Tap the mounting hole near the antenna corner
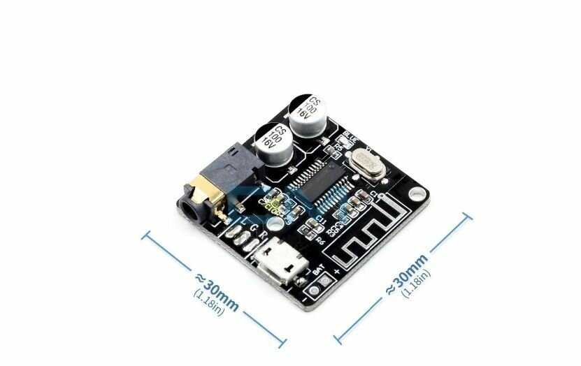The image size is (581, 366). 417,192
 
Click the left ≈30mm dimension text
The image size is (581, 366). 217,291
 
